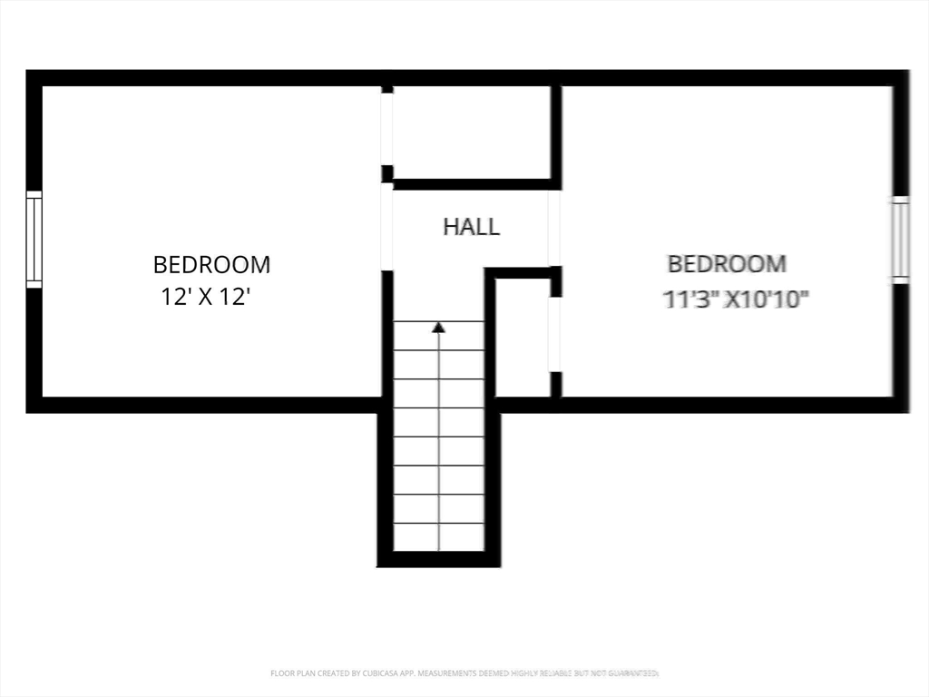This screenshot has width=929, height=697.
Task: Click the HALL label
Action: click(x=471, y=226)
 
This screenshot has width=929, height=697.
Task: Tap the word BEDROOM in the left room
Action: click(x=211, y=265)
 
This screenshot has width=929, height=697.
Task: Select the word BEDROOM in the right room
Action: click(x=727, y=264)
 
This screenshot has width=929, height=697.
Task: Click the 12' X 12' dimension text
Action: click(x=205, y=297)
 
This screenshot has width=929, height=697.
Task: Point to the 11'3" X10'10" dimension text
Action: click(x=736, y=299)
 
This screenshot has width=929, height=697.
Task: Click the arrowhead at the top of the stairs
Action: click(x=439, y=327)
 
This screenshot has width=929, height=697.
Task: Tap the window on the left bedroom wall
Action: click(x=34, y=240)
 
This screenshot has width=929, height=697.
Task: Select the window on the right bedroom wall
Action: click(x=900, y=240)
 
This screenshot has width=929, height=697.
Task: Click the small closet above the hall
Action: click(x=471, y=133)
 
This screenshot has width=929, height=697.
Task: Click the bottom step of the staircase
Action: click(x=439, y=536)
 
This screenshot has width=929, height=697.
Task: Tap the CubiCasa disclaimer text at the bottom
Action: click(x=464, y=673)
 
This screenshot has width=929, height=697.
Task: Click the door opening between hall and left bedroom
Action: click(x=386, y=227)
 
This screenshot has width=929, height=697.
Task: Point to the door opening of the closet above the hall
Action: click(x=386, y=127)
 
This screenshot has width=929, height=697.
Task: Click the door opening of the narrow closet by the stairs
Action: click(x=554, y=334)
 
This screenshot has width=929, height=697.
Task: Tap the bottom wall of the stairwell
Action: click(x=439, y=559)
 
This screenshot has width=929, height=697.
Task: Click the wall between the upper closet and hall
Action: click(x=472, y=184)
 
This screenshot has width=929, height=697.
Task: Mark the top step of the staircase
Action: click(x=439, y=336)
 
